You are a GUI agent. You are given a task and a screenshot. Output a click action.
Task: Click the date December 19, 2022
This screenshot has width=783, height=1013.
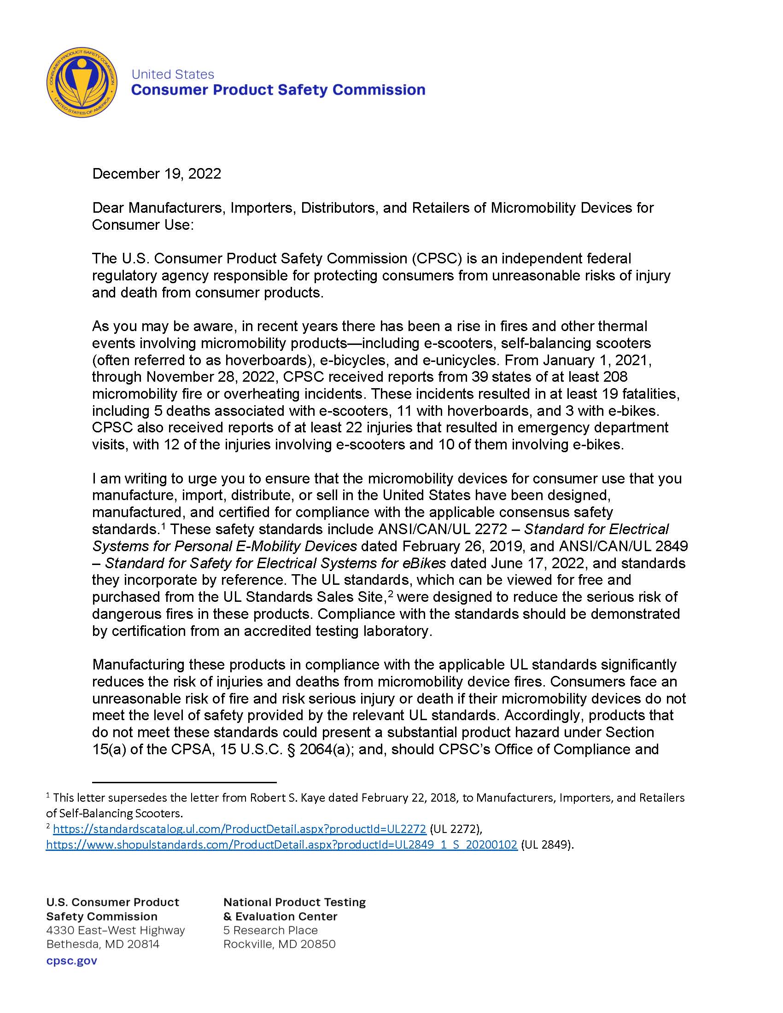(x=156, y=174)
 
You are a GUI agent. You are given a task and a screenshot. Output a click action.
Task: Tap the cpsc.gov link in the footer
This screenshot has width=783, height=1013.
(x=72, y=961)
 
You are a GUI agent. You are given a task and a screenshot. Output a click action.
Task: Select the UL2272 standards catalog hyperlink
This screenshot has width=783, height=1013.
(x=240, y=829)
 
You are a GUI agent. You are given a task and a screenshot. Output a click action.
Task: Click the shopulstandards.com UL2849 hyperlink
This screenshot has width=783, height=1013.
(x=281, y=844)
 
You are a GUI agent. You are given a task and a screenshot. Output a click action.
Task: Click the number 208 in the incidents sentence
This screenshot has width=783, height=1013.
(x=614, y=377)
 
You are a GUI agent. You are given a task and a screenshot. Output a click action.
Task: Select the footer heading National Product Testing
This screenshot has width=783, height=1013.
(x=295, y=902)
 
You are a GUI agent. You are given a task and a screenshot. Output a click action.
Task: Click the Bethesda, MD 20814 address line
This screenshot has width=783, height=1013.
(x=103, y=944)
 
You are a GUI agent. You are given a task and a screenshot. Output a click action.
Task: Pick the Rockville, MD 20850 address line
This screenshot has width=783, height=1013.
(x=279, y=944)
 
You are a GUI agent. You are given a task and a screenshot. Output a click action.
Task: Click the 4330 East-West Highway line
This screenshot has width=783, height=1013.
(x=116, y=930)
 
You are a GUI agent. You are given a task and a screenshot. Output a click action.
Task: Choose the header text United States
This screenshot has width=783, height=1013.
(x=173, y=74)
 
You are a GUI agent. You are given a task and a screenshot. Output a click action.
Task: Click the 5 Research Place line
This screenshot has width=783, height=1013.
(x=270, y=930)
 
